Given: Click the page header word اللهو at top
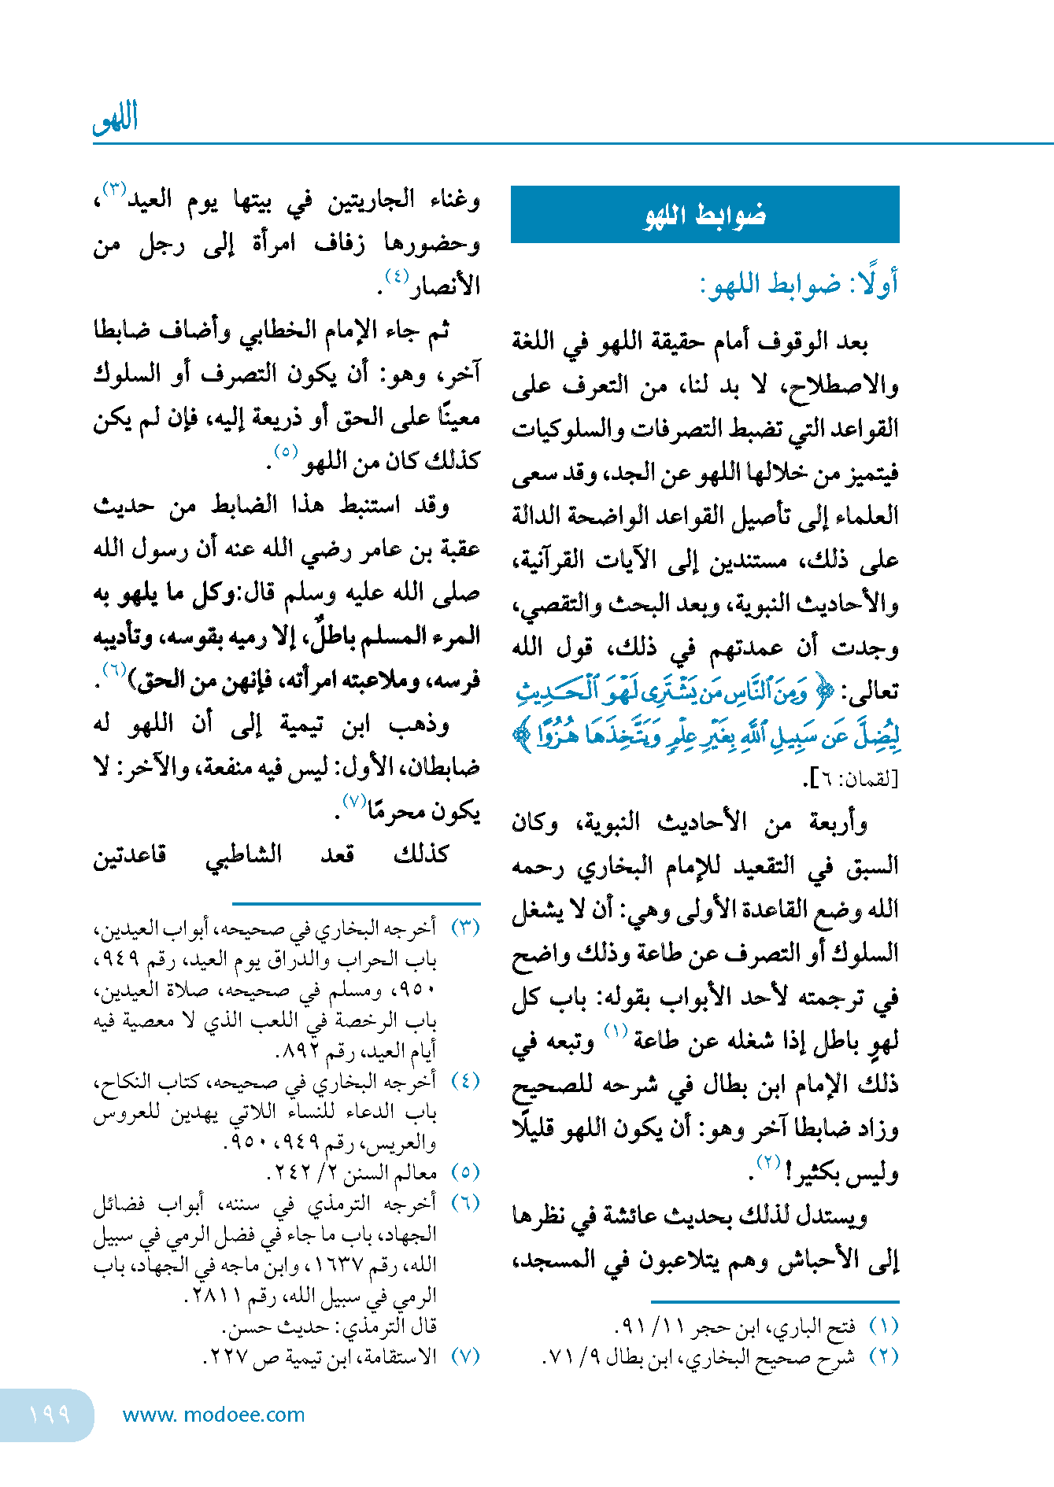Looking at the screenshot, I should click(115, 120).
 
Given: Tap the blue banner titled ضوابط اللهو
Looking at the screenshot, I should click(705, 214).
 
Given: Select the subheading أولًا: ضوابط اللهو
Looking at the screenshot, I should click(799, 284).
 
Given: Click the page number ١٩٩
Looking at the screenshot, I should click(49, 1415).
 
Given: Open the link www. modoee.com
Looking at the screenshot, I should click(213, 1415).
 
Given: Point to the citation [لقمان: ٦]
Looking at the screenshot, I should click(851, 779).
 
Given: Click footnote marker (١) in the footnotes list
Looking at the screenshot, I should click(883, 1326).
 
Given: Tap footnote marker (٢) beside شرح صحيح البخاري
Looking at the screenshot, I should click(883, 1357).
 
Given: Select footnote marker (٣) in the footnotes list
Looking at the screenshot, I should click(465, 928).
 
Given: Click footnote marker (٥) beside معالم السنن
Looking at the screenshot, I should click(465, 1173).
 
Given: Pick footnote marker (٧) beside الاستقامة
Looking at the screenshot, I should click(465, 1357).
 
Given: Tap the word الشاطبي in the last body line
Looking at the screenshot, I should click(243, 855).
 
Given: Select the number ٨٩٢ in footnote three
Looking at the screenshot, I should click(298, 1051).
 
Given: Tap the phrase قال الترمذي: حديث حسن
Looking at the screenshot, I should click(331, 1326).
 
